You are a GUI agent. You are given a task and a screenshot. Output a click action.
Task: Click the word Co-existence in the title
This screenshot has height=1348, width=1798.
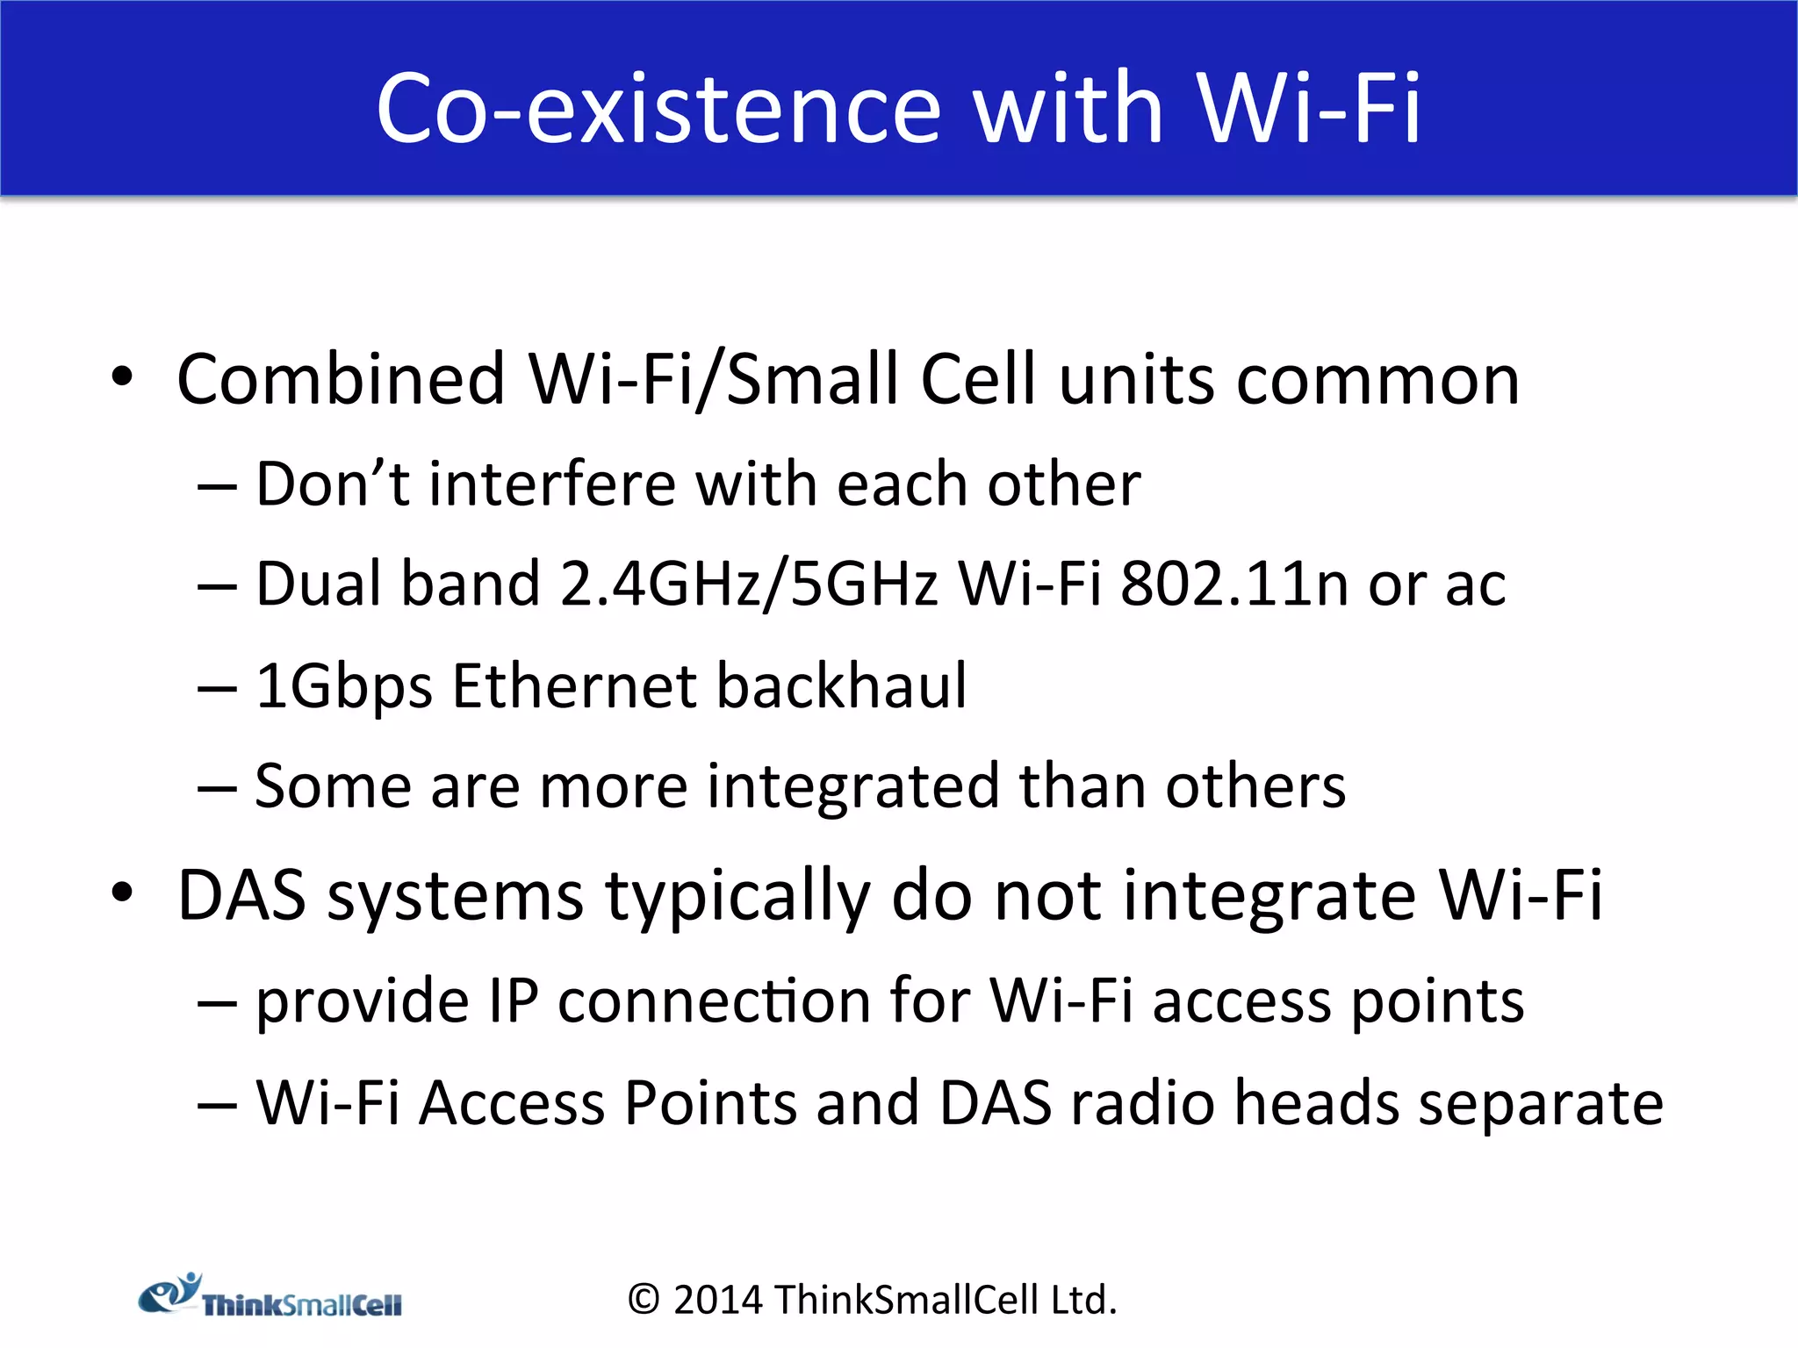point(658,109)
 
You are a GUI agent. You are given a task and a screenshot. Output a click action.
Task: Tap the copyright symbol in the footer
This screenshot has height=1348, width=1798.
point(644,1300)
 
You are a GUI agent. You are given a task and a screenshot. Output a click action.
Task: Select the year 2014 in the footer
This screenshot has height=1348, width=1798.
point(718,1300)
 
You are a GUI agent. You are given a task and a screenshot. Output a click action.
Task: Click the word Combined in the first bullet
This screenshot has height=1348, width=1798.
point(341,379)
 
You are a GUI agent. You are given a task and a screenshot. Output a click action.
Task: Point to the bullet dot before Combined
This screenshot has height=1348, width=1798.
point(122,377)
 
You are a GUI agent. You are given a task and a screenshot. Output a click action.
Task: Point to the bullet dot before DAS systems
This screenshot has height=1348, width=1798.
point(122,893)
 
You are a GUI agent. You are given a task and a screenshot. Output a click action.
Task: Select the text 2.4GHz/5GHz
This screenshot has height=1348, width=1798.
point(748,584)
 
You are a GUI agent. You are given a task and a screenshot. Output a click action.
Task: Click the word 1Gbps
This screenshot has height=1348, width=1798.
point(343,686)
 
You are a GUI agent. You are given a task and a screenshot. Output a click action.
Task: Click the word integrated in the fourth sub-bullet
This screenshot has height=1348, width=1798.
point(852,786)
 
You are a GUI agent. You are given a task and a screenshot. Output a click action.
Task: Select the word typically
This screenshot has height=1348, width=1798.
point(737,897)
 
